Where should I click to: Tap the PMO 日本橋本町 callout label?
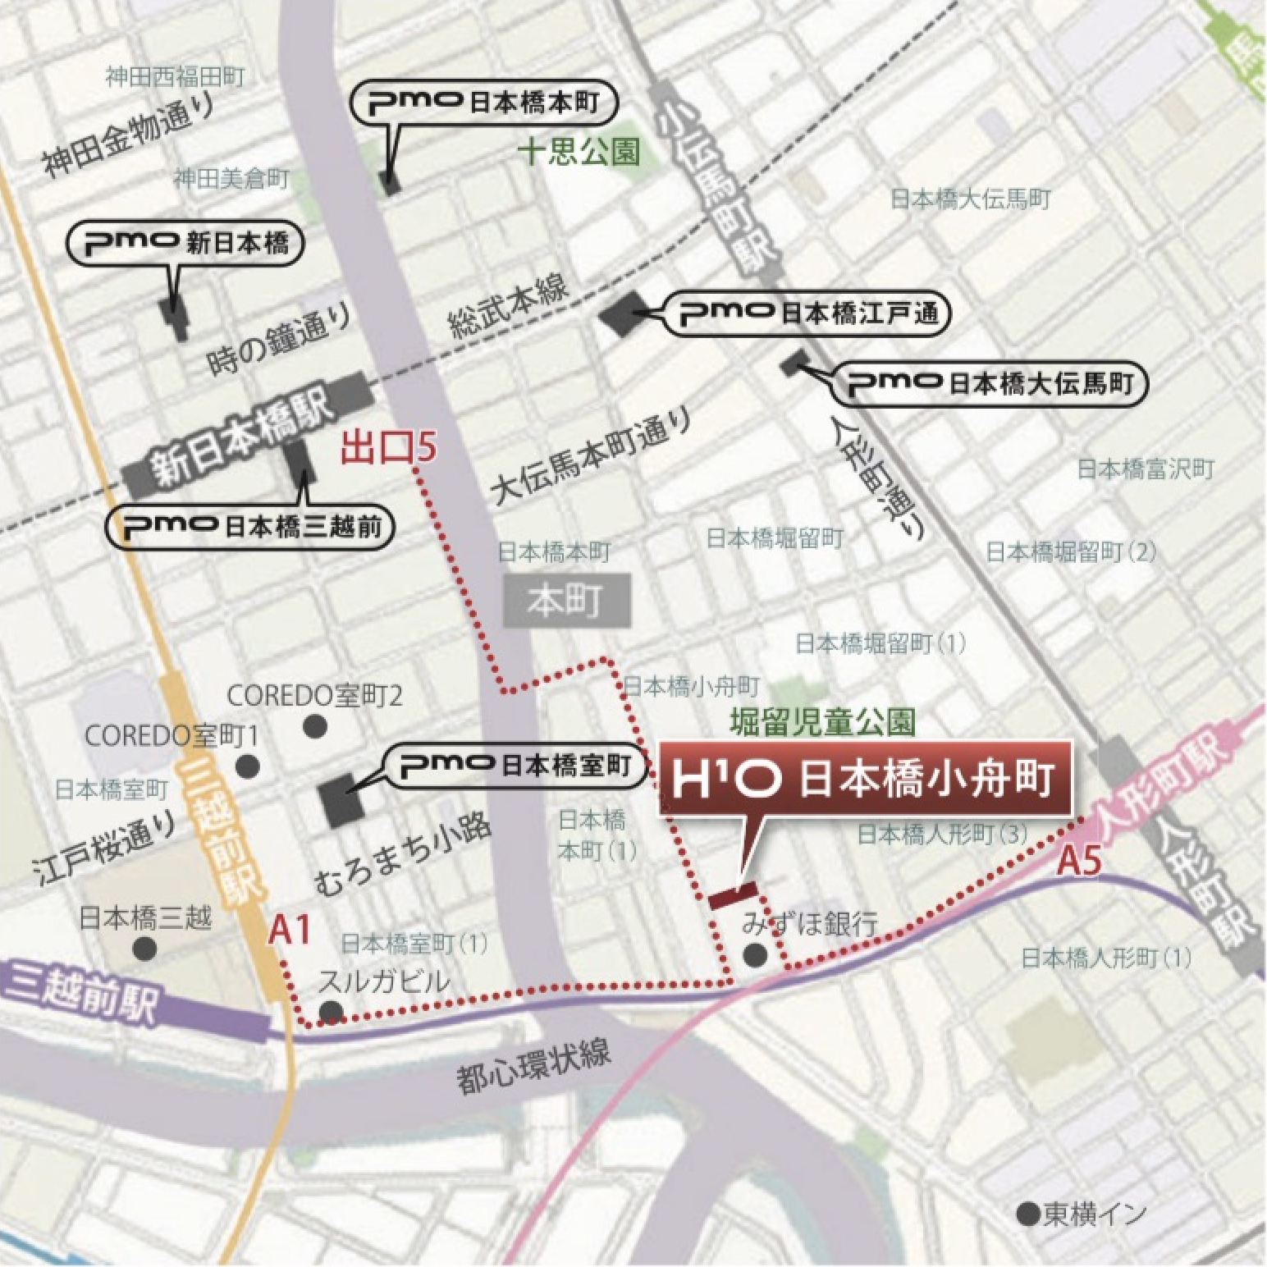(x=484, y=103)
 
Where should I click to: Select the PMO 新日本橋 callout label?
(x=185, y=243)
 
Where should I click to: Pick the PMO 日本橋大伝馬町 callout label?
(x=989, y=382)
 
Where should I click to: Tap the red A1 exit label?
(x=290, y=931)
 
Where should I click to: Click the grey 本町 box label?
(x=567, y=601)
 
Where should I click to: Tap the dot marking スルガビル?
(x=331, y=1009)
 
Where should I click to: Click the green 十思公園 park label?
(x=580, y=153)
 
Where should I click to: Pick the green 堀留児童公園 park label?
(x=823, y=721)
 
